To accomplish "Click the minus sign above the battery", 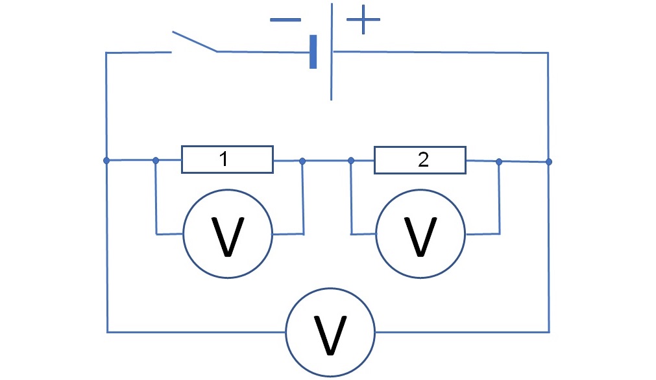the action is tap(285, 19).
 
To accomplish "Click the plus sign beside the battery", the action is tap(363, 19).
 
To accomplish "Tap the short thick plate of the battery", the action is tap(313, 52).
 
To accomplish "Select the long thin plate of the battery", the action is tap(332, 52).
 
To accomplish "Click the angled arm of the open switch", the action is tap(195, 42).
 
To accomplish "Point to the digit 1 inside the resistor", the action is tap(224, 159).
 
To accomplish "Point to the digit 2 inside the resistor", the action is tap(424, 160).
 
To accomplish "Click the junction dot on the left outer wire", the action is tap(106, 161).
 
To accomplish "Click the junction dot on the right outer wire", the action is tap(549, 161).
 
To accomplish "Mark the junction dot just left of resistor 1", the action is tap(156, 161).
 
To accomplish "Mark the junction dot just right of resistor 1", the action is tap(302, 161).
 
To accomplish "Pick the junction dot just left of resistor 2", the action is tap(351, 161).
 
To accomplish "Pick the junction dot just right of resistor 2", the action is tap(499, 161).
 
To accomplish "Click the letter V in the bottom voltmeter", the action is tap(330, 335).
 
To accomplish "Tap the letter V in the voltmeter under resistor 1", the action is tap(228, 237).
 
